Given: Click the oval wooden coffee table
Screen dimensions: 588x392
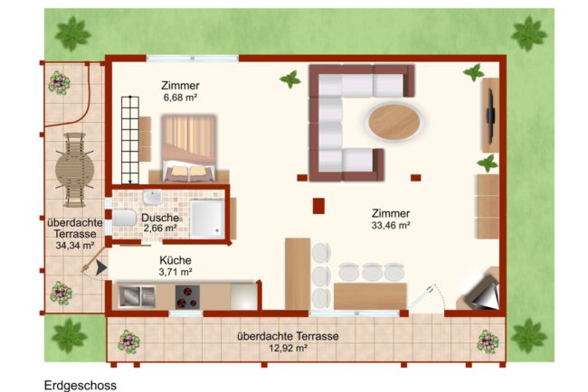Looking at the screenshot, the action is (394, 122).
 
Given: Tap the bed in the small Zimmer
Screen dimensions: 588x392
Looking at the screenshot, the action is (189, 148).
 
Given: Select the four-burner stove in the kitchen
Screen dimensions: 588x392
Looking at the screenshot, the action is (187, 297).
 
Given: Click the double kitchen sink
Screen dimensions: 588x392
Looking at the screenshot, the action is (138, 296).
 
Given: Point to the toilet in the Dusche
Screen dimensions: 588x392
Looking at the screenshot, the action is (124, 218).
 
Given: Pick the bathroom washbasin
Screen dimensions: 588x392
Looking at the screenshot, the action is (153, 197).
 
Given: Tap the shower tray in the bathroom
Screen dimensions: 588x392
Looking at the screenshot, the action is (207, 219).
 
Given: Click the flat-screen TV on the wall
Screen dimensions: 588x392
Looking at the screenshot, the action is (490, 117).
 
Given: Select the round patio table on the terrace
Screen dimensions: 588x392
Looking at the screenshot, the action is (74, 170).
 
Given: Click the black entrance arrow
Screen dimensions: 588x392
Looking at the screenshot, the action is (101, 267).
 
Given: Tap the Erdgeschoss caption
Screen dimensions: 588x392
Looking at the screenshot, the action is (81, 386).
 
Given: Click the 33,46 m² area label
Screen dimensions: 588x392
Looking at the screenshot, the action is (391, 226).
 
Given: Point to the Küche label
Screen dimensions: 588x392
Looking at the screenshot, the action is (175, 260).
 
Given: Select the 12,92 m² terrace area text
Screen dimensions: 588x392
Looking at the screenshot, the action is (288, 349).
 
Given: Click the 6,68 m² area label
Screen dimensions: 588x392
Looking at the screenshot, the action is (180, 98).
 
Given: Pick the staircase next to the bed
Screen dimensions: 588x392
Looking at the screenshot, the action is (130, 140).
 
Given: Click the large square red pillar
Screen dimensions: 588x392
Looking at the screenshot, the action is (318, 206).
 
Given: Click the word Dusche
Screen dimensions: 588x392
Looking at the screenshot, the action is (160, 218).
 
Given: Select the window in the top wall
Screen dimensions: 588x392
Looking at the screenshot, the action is (193, 59).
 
